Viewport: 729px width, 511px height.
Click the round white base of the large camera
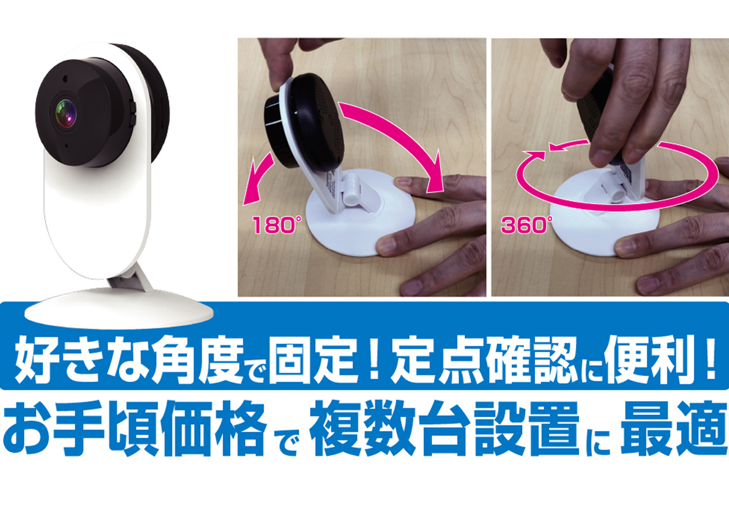click(119, 308)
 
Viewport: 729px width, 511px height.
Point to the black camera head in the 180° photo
click(304, 121)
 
